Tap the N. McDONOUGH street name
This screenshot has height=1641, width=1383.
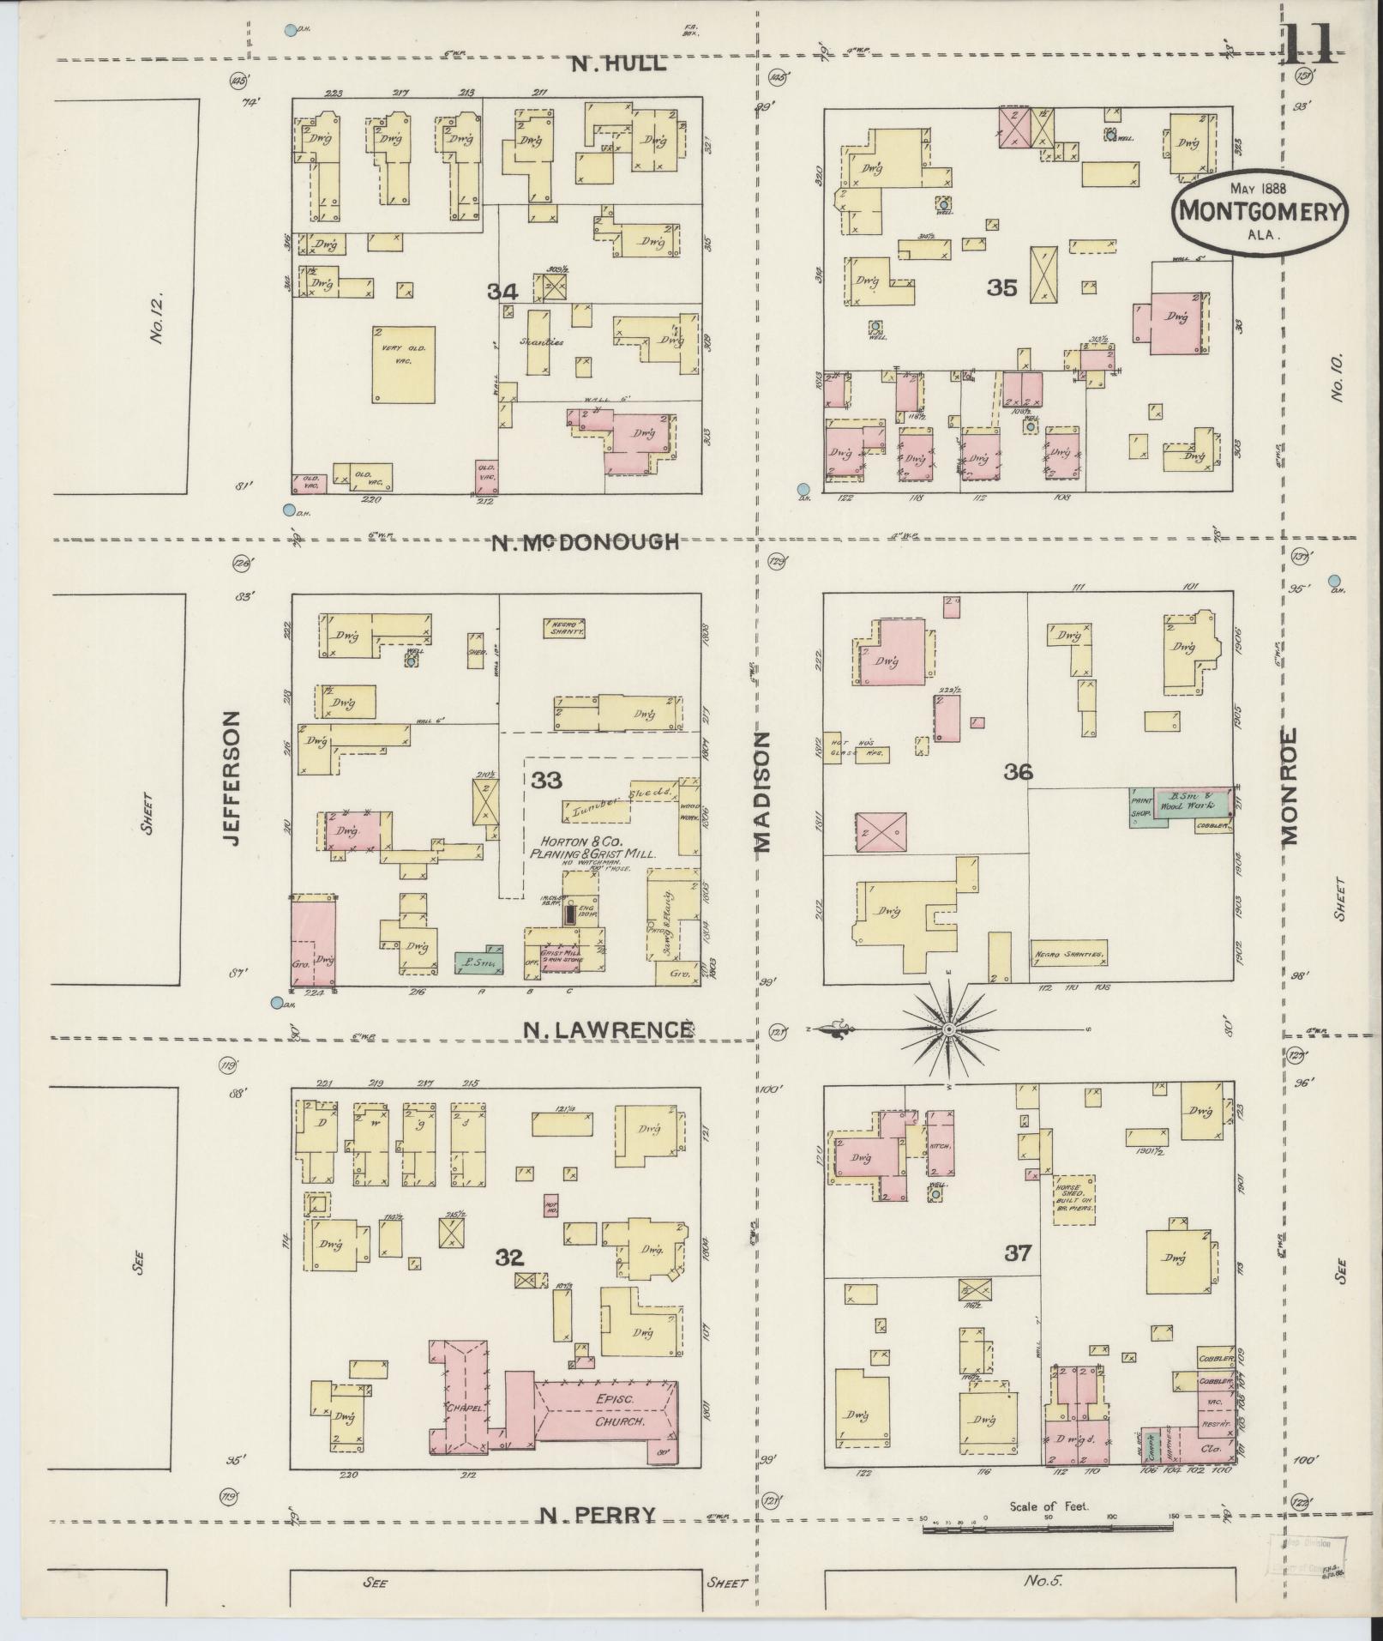point(586,542)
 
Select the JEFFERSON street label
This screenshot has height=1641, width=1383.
point(230,778)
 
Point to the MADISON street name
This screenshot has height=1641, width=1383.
point(763,792)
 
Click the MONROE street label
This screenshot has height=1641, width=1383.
point(1290,787)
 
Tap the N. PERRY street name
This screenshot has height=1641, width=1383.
point(598,1516)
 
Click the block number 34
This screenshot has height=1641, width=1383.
point(502,292)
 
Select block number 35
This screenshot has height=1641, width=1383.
point(1001,288)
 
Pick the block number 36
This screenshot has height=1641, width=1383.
point(1019,773)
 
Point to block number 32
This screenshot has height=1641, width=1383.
point(509,1258)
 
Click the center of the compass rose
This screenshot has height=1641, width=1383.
point(949,1028)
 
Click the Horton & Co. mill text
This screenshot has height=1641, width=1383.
point(592,848)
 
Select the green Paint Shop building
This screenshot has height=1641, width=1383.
point(1140,806)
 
